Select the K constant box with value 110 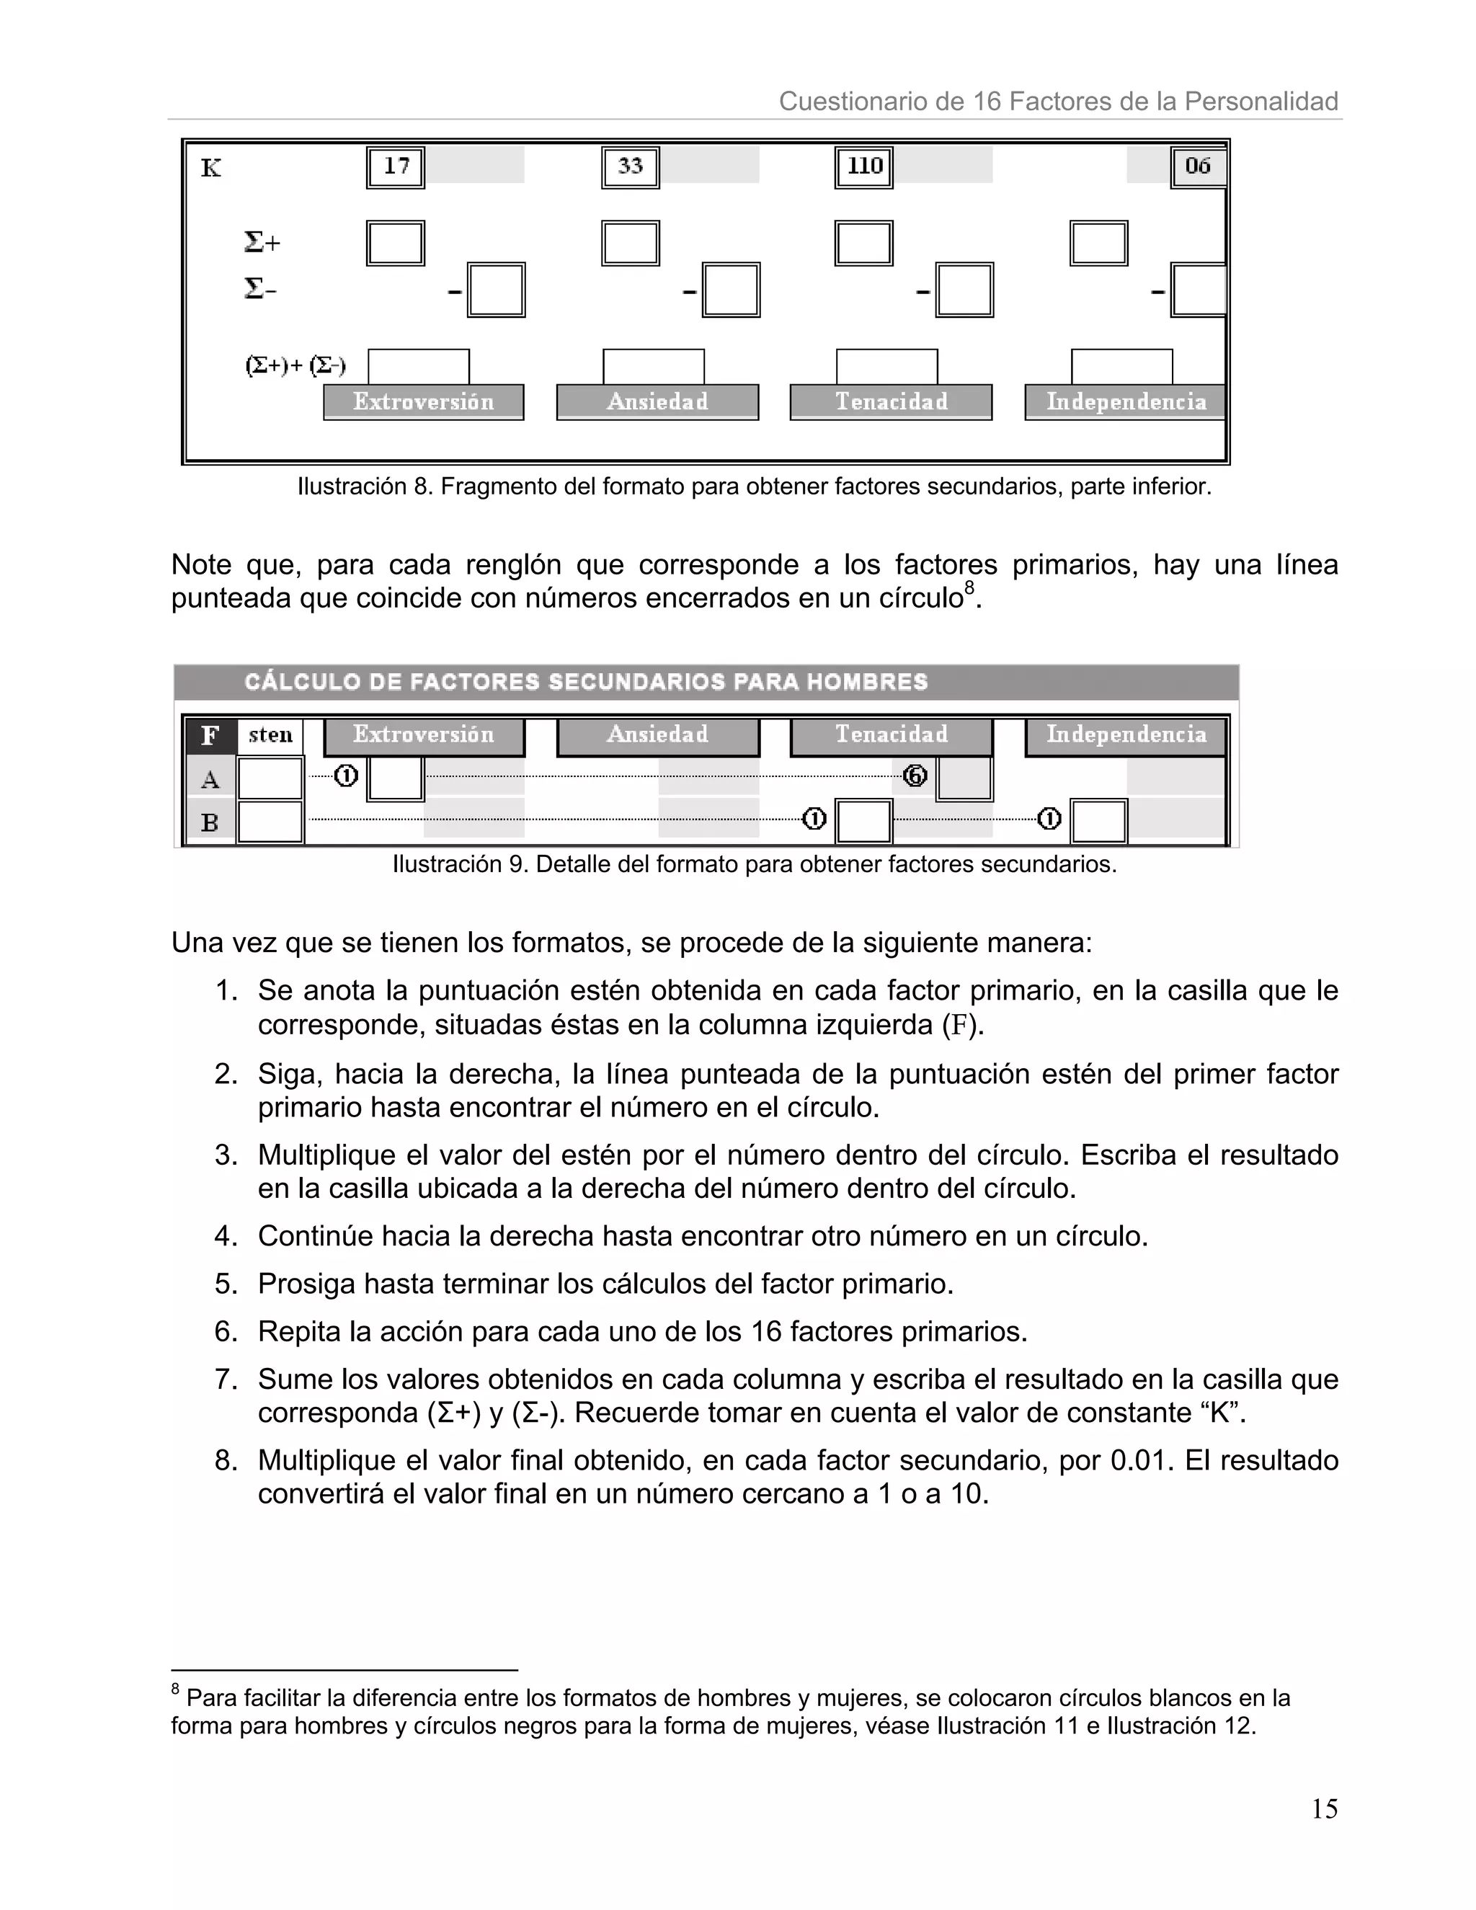pyautogui.click(x=864, y=166)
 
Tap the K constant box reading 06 pyautogui.click(x=1197, y=166)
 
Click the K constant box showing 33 pyautogui.click(x=631, y=166)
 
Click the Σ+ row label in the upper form pyautogui.click(x=262, y=242)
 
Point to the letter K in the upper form pyautogui.click(x=210, y=168)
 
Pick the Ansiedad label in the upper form pyautogui.click(x=657, y=402)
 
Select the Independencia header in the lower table pyautogui.click(x=1126, y=734)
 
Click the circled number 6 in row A pyautogui.click(x=915, y=776)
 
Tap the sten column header pyautogui.click(x=270, y=735)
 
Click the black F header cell pyautogui.click(x=210, y=735)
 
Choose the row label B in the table pyautogui.click(x=210, y=823)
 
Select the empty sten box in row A pyautogui.click(x=270, y=778)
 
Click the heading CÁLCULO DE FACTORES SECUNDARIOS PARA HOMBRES pyautogui.click(x=586, y=682)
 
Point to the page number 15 pyautogui.click(x=1324, y=1808)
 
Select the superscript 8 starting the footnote pyautogui.click(x=176, y=1688)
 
